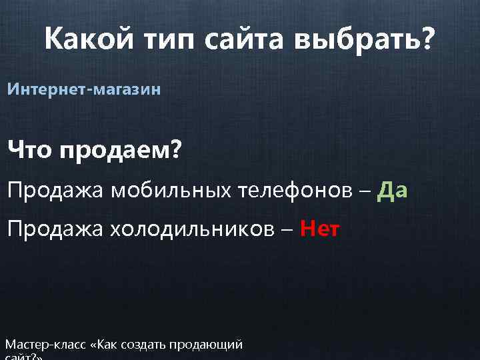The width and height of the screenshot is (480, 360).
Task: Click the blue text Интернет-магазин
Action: tap(84, 89)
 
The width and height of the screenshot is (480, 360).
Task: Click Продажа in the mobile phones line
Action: tap(56, 192)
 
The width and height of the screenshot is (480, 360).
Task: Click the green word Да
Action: tap(393, 191)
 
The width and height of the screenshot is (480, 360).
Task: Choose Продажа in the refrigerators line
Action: tap(56, 230)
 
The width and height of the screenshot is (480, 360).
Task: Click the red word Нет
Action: tap(320, 230)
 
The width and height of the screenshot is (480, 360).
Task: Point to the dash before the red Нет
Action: tap(288, 232)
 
